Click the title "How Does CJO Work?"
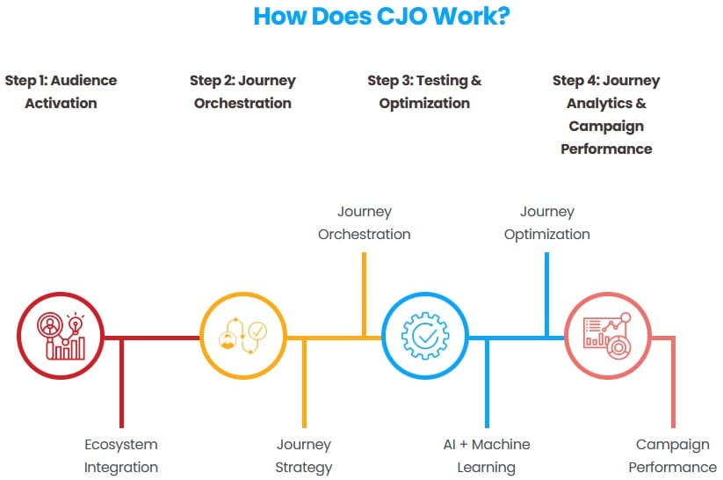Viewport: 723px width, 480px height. (382, 17)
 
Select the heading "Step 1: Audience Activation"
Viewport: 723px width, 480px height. (61, 91)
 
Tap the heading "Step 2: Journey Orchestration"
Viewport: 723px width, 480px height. (242, 91)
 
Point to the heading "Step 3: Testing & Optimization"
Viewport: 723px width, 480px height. (424, 91)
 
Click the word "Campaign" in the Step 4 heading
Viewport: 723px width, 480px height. (606, 126)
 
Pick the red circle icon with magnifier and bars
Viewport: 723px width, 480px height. (61, 336)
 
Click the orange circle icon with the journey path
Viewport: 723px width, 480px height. (243, 336)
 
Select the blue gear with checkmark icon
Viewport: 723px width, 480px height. (425, 336)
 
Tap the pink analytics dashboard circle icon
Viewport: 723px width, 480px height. (607, 336)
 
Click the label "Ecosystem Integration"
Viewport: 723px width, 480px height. (121, 455)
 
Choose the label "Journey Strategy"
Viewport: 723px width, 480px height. (304, 455)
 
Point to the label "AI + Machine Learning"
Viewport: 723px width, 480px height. (487, 455)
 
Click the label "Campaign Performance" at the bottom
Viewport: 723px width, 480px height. (673, 455)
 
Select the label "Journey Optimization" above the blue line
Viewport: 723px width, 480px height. (546, 223)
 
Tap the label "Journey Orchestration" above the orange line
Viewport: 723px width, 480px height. (365, 223)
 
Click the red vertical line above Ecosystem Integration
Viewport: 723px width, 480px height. (122, 383)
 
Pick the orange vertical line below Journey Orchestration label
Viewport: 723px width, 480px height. (365, 295)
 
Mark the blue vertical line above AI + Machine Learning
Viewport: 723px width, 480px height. (487, 383)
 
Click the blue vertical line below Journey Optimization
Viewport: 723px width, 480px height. (546, 295)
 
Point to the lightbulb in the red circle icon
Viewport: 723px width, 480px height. (76, 324)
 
